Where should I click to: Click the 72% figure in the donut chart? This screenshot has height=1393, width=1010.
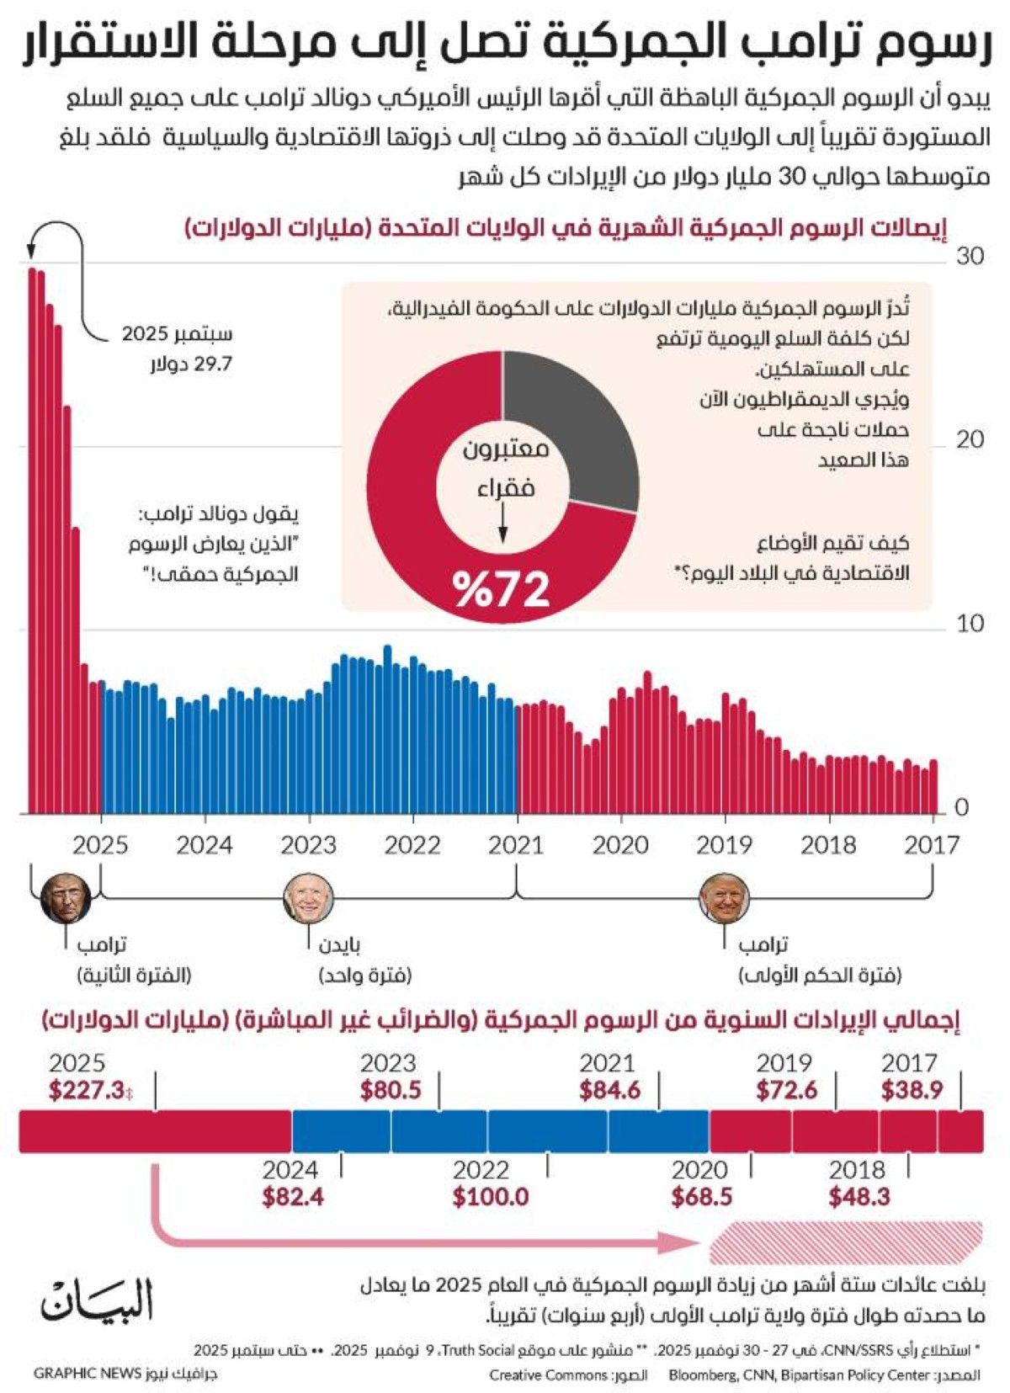click(x=502, y=588)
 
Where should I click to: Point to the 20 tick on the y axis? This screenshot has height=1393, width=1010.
click(x=970, y=439)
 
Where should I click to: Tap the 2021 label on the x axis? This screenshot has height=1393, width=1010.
click(x=516, y=844)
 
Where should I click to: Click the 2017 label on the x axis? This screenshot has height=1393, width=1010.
click(x=932, y=844)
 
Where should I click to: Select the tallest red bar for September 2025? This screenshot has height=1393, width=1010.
click(x=32, y=539)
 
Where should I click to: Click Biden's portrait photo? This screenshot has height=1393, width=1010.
click(x=308, y=898)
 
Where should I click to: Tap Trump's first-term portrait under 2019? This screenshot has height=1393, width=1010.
click(x=724, y=898)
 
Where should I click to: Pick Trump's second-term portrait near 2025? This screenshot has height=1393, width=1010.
click(x=66, y=898)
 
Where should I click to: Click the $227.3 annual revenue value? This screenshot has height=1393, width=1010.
click(x=88, y=1090)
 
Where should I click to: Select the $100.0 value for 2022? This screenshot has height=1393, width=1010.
click(x=490, y=1196)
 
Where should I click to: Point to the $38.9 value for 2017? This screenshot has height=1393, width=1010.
click(x=912, y=1090)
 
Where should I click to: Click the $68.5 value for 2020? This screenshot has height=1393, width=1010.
click(x=702, y=1196)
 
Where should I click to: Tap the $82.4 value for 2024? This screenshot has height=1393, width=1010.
click(x=292, y=1196)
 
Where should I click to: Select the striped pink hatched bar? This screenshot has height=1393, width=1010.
click(x=846, y=1242)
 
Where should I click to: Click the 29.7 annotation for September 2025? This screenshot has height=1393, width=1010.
click(x=191, y=364)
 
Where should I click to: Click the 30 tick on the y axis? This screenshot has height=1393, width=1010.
click(x=970, y=256)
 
